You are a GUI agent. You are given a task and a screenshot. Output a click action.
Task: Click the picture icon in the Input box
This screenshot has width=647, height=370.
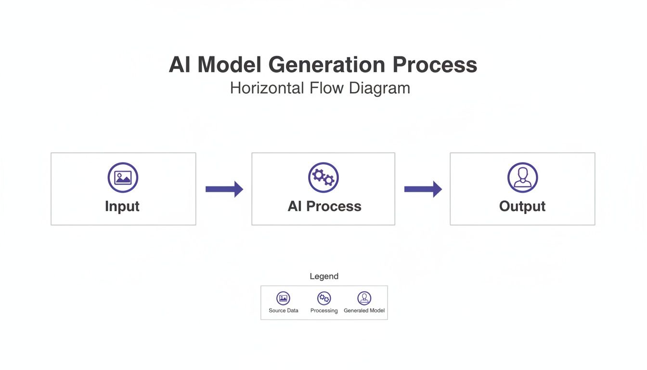[x=123, y=178]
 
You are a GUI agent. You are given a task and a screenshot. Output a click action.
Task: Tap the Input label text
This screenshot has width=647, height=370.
[x=122, y=206]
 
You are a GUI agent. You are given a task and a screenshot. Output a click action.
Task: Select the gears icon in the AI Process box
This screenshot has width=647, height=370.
[x=323, y=178]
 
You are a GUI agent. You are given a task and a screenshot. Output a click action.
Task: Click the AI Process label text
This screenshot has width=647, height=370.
[x=324, y=206]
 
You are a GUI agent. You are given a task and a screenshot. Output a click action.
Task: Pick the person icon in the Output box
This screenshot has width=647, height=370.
[x=522, y=178]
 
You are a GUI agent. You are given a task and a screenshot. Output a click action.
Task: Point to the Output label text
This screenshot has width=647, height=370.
[x=522, y=206]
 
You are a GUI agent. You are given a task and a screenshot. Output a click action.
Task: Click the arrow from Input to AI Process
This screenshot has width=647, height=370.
[x=224, y=189]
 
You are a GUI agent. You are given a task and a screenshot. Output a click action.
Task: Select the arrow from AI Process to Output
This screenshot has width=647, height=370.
[x=423, y=189]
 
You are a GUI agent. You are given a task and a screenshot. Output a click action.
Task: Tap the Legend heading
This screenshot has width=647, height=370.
[x=324, y=276]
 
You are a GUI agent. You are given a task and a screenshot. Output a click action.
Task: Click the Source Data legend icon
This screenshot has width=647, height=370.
[x=284, y=298]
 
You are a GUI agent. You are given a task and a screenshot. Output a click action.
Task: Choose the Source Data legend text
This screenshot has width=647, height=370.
[x=284, y=311]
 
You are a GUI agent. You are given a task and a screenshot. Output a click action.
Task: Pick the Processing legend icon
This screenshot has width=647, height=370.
[x=324, y=298]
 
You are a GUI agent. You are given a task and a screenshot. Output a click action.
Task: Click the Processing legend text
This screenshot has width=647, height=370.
[x=324, y=311]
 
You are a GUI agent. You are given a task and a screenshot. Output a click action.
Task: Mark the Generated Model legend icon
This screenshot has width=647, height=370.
[x=364, y=298]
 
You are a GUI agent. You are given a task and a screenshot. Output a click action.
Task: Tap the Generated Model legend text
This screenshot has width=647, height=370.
[x=364, y=311]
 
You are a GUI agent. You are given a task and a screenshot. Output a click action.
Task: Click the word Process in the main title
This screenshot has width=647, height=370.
[x=434, y=65]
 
